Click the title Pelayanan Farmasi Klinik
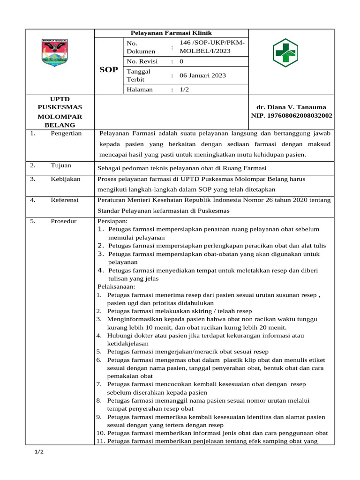[x=171, y=33]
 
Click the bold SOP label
[x=109, y=70]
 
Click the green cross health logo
[x=285, y=52]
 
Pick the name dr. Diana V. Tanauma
[x=291, y=107]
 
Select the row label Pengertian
[x=66, y=133]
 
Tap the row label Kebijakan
[x=66, y=179]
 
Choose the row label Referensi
[x=65, y=200]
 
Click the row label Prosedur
[x=64, y=221]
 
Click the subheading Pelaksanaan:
[x=116, y=286]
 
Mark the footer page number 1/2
[x=39, y=451]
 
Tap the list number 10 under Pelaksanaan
[x=100, y=433]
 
